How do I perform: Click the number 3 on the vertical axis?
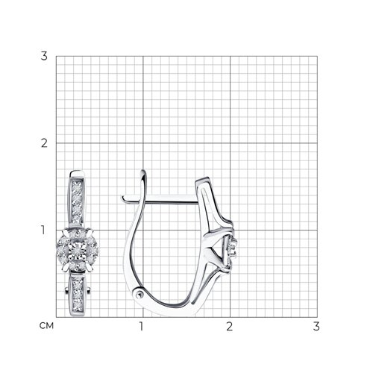[44, 56]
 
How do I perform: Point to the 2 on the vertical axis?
[44, 143]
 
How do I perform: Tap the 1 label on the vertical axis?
[43, 230]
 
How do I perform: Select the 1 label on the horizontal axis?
[142, 326]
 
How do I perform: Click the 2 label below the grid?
[229, 326]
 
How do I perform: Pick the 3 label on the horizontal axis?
[316, 326]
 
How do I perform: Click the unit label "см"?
[46, 326]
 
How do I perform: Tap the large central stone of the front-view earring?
[78, 249]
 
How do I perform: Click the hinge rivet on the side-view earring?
[140, 294]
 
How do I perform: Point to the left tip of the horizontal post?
[123, 198]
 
